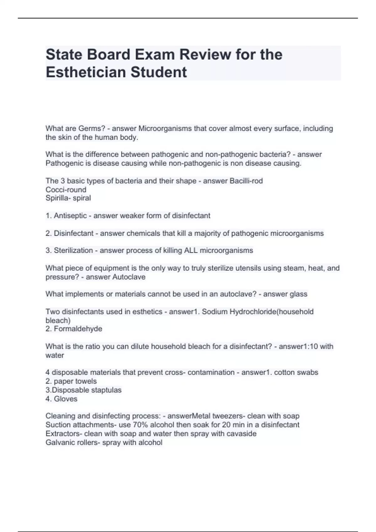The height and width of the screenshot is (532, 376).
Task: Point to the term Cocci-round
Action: (66, 190)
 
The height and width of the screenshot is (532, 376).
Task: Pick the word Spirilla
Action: (58, 198)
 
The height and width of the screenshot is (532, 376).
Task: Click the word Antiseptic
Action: (70, 216)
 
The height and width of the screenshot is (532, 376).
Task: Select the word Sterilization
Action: (73, 250)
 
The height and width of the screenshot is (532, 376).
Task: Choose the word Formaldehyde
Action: (78, 329)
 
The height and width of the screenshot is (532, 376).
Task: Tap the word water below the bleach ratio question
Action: (55, 356)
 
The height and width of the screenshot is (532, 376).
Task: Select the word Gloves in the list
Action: (65, 399)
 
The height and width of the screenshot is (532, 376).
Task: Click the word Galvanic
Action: (60, 442)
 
